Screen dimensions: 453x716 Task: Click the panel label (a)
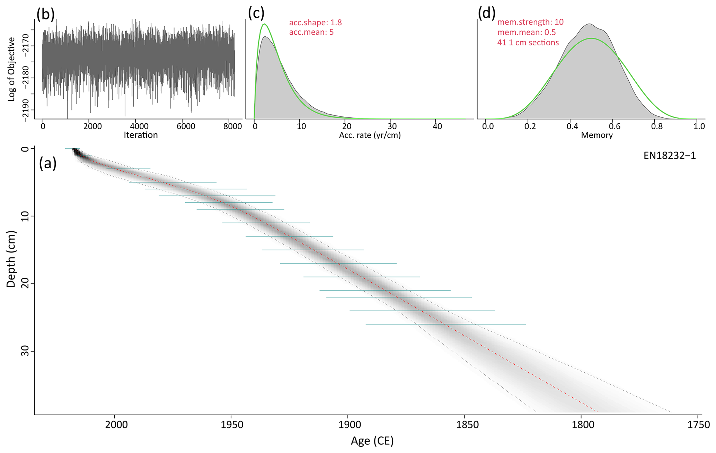48,163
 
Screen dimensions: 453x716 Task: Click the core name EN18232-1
670,156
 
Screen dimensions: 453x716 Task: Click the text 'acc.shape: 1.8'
315,23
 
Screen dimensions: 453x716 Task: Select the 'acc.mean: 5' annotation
311,33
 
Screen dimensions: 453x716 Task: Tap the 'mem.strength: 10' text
530,22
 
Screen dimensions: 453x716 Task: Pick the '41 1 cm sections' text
528,43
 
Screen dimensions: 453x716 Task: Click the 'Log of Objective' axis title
11,69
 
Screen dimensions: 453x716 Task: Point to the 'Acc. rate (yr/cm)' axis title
370,135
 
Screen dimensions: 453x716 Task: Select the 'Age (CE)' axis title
372,441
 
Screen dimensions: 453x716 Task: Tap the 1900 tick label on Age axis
347,425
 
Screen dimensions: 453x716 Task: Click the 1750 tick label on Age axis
700,425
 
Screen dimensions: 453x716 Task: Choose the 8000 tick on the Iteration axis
232,126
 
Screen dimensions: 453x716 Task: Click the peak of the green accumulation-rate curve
265,24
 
